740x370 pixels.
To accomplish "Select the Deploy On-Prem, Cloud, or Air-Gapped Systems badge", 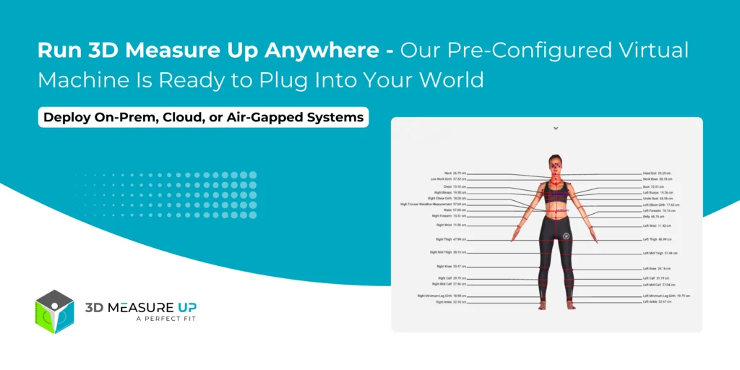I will click(x=203, y=117).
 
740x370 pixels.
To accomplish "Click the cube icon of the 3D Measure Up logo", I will click(x=55, y=312).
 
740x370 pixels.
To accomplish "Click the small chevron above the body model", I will click(x=556, y=128).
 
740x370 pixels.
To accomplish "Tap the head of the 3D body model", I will click(x=556, y=163).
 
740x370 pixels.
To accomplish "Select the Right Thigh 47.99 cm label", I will click(x=450, y=238).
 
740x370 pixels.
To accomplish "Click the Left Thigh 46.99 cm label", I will click(x=657, y=238).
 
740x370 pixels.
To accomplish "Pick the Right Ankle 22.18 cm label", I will click(x=451, y=302).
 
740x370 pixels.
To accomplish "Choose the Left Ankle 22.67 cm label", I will click(x=657, y=302).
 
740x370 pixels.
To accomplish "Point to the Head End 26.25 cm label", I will click(x=657, y=173).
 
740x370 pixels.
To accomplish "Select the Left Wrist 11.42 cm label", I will click(x=656, y=225).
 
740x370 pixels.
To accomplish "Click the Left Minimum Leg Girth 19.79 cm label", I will click(x=666, y=296).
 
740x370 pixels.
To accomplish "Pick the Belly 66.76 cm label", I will click(x=653, y=216).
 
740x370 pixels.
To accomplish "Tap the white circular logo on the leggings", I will click(x=567, y=235).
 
